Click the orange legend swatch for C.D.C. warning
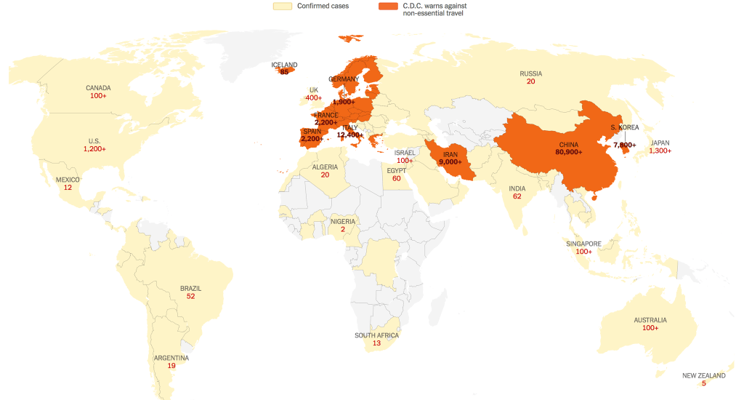[388, 7]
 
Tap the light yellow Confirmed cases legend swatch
[282, 7]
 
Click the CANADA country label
[98, 88]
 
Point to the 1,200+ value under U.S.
[94, 149]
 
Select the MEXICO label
[68, 180]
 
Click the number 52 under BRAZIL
[190, 297]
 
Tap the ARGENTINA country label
[171, 358]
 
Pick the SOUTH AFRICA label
[376, 335]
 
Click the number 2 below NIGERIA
[342, 230]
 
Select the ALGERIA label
[325, 167]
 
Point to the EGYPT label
[397, 170]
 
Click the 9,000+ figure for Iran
[450, 161]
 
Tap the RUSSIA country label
[531, 73]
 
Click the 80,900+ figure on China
[569, 153]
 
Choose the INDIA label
[517, 188]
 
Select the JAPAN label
[660, 143]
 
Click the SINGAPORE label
[583, 244]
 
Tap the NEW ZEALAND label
[703, 375]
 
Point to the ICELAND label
[284, 65]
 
